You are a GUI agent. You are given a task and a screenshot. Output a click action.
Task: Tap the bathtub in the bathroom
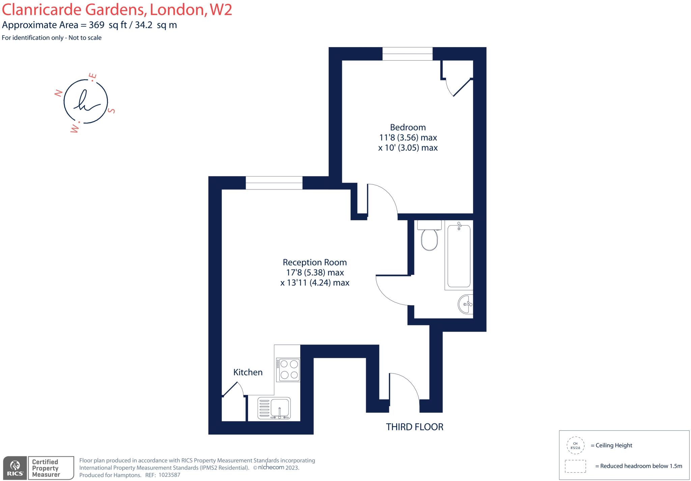pyautogui.click(x=459, y=256)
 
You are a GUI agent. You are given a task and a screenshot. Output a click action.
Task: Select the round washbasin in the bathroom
pyautogui.click(x=466, y=304)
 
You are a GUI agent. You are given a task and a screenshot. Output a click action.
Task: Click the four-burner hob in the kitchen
pyautogui.click(x=288, y=369)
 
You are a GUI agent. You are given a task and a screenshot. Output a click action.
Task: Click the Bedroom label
pyautogui.click(x=408, y=127)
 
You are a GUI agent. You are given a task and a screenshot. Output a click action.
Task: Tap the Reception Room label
pyautogui.click(x=314, y=262)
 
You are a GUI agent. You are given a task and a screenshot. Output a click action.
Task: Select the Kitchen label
pyautogui.click(x=248, y=372)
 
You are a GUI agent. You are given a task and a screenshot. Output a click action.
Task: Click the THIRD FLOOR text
pyautogui.click(x=414, y=427)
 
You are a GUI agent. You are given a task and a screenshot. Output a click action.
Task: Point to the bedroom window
pyautogui.click(x=407, y=54)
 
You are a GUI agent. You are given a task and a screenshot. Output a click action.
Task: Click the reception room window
pyautogui.click(x=274, y=183)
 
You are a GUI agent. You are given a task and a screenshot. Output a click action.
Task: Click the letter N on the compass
pyautogui.click(x=58, y=93)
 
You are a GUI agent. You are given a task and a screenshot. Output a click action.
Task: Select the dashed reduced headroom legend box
pyautogui.click(x=575, y=466)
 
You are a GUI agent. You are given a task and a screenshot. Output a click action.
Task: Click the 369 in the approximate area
pyautogui.click(x=96, y=25)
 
